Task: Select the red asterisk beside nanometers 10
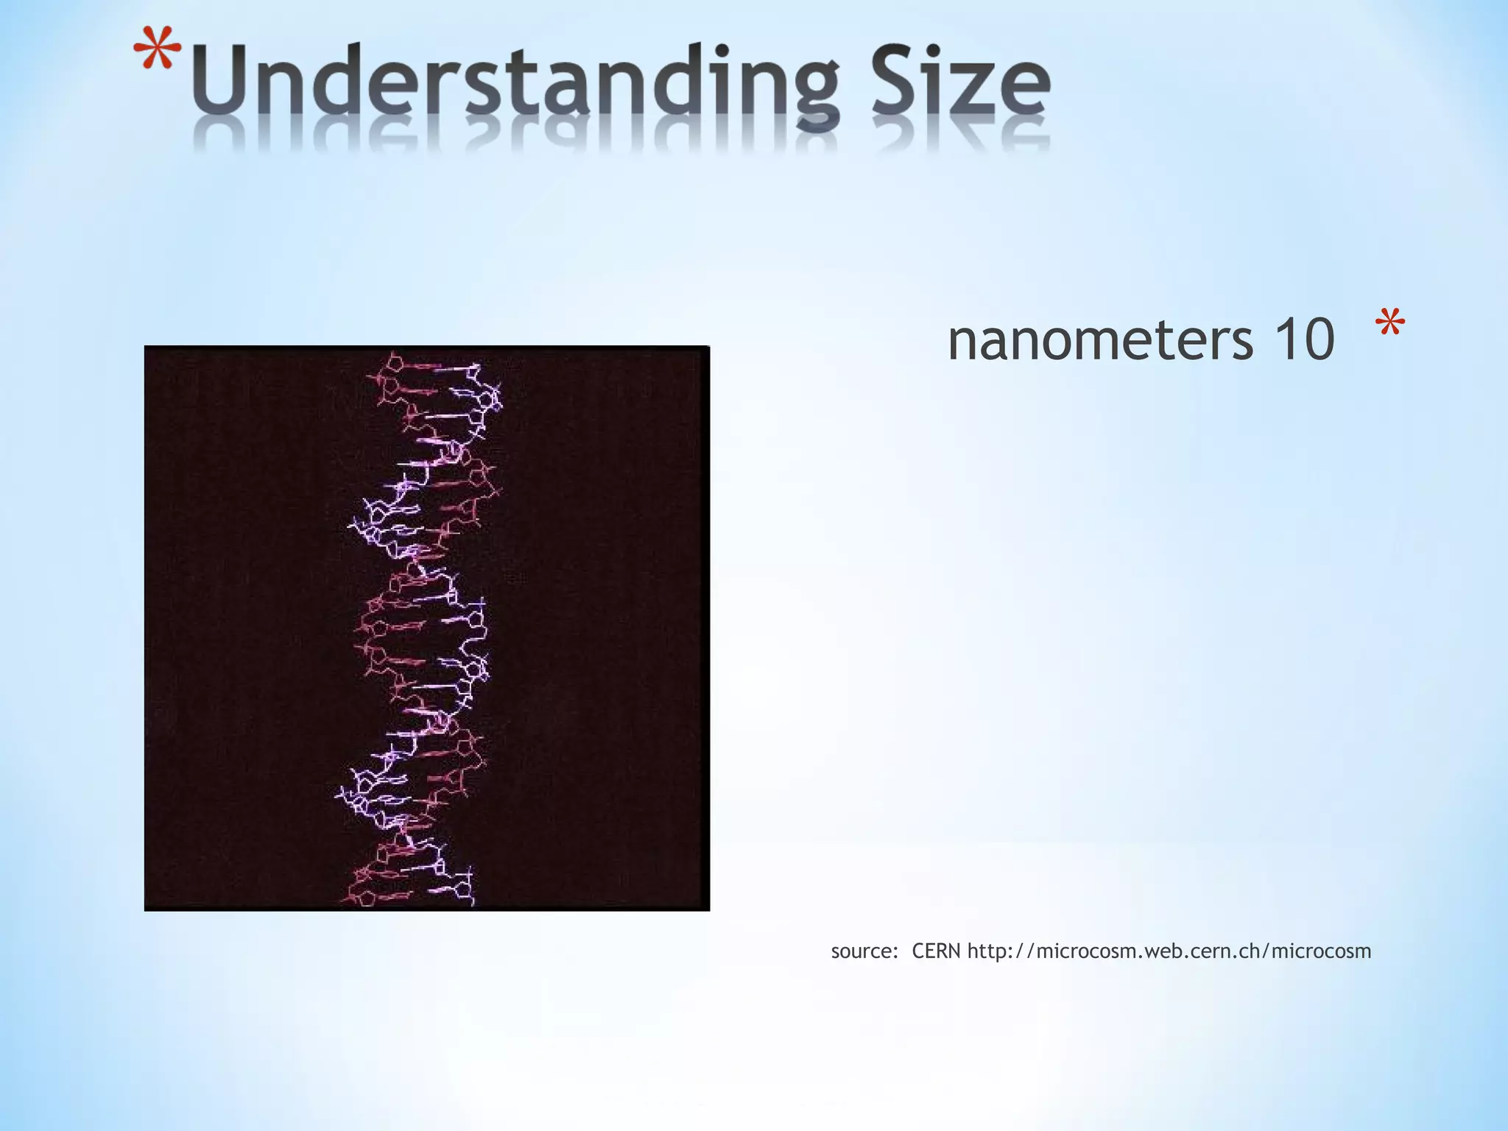[x=1389, y=324]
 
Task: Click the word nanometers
[x=1100, y=340]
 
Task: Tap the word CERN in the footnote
[x=936, y=951]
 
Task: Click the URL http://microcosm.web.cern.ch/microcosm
[x=1169, y=951]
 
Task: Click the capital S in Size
[x=893, y=81]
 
